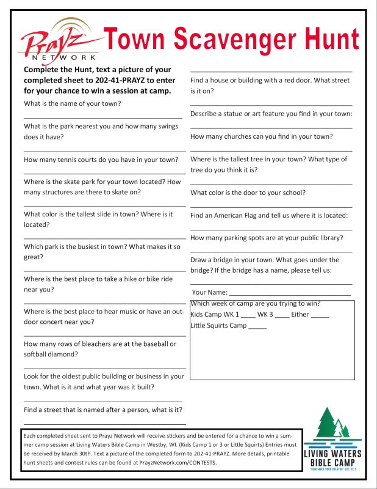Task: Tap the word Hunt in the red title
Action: point(322,39)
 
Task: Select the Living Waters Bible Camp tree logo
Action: point(332,427)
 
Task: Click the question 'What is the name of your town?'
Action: point(72,103)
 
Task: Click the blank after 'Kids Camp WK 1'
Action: point(248,315)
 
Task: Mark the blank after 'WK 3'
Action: point(282,315)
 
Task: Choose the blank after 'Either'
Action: point(320,315)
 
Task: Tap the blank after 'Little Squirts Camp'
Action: point(257,326)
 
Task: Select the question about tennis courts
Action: point(101,160)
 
